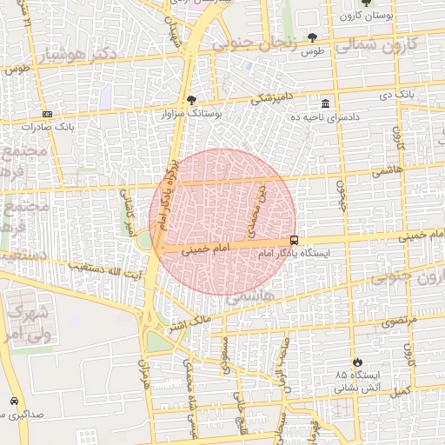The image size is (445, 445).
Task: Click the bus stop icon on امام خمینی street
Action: (295, 240)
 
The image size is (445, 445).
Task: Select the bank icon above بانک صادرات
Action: (46, 113)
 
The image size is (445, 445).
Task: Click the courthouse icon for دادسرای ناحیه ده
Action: (325, 103)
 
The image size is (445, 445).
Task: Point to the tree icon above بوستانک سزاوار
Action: (191, 99)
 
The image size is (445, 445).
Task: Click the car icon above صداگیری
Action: (14, 401)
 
